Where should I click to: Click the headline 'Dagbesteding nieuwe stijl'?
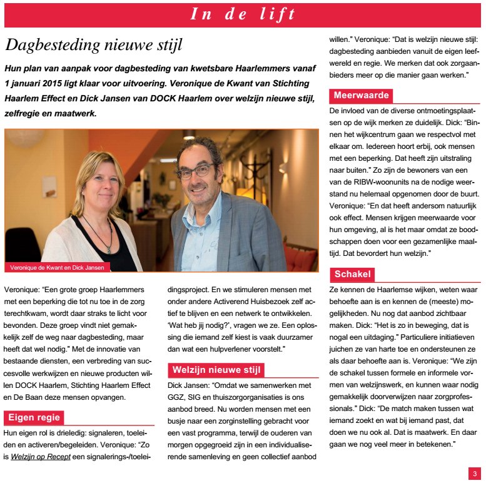click(94, 45)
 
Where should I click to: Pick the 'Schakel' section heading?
click(353, 274)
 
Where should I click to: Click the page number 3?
click(475, 474)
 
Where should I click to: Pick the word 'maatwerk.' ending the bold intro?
click(79, 114)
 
